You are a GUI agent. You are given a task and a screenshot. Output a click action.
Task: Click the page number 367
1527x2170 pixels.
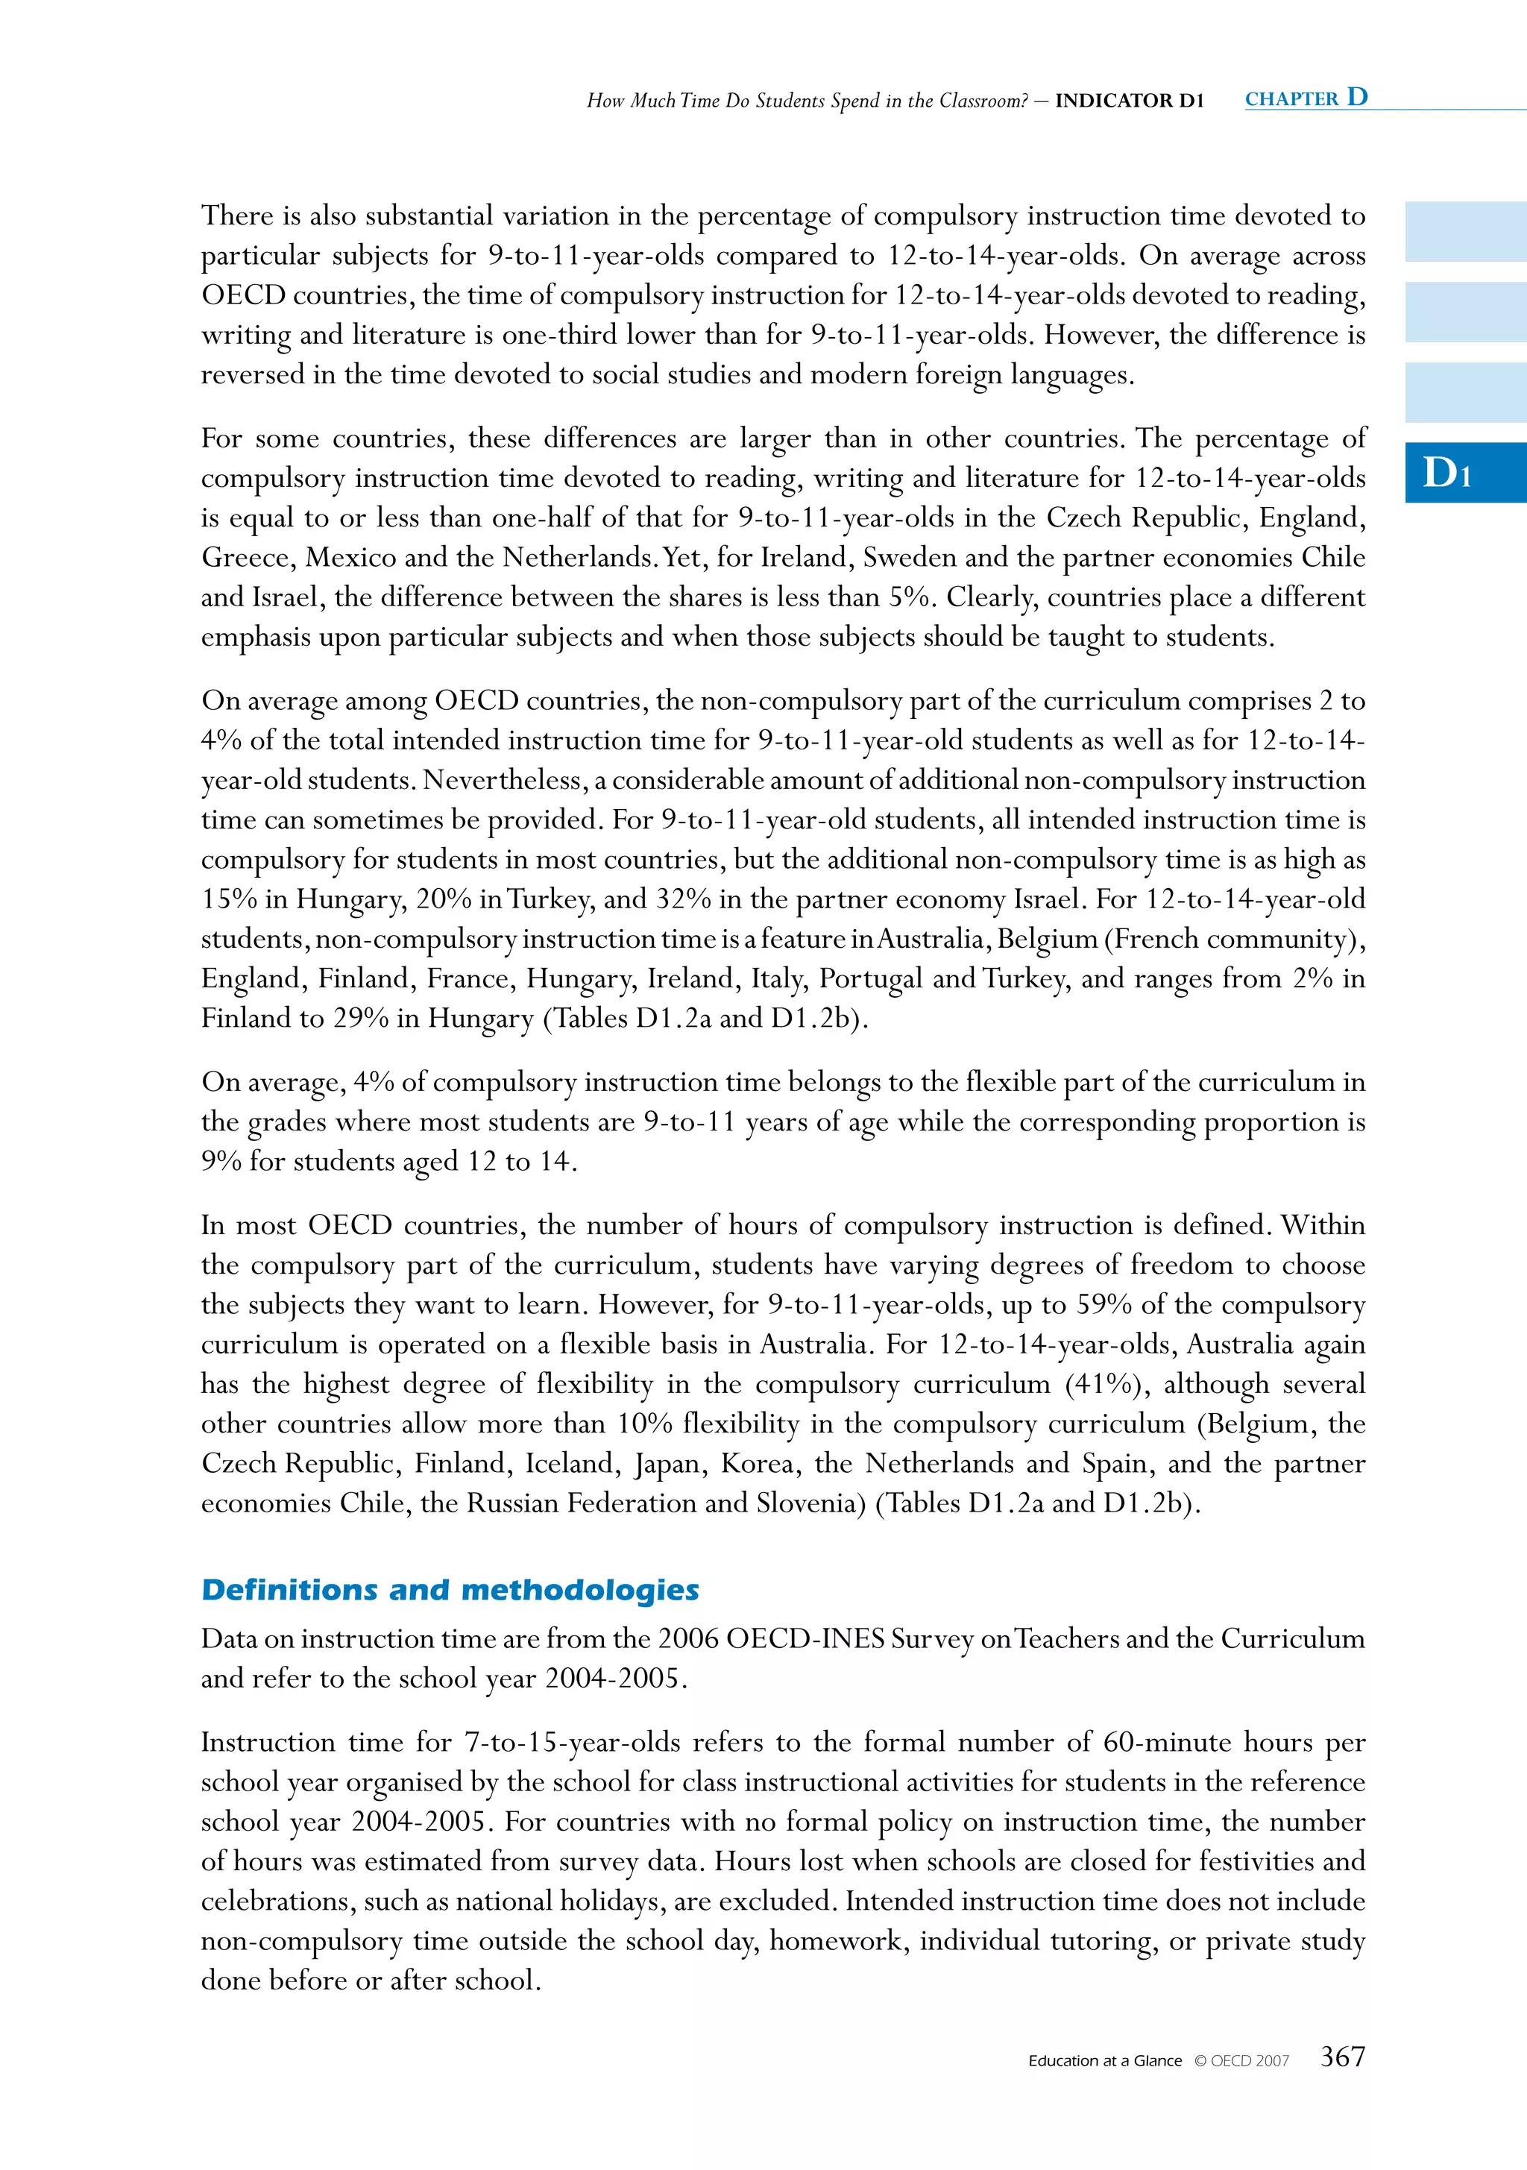(x=1342, y=2057)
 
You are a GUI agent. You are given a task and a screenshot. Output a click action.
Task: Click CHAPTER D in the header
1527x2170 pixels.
(x=1306, y=98)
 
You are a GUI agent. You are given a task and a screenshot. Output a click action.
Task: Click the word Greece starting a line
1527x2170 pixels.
(x=247, y=557)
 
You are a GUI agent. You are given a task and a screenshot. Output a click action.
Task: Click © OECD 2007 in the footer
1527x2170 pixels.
(x=1241, y=2061)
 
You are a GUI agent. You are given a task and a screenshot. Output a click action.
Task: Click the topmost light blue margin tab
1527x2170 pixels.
(x=1464, y=232)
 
